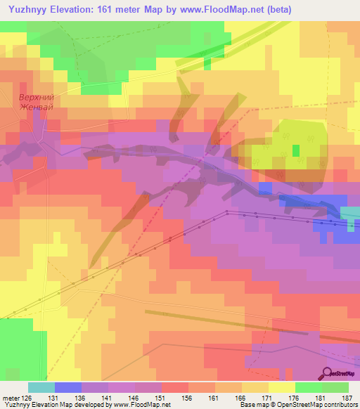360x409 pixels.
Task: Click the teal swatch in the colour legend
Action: tap(41, 387)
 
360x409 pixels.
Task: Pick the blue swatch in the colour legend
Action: tap(67, 387)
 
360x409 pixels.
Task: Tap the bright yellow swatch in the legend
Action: tap(281, 387)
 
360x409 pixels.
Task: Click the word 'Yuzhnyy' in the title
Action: tap(30, 9)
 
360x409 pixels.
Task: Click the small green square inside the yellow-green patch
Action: tap(296, 150)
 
